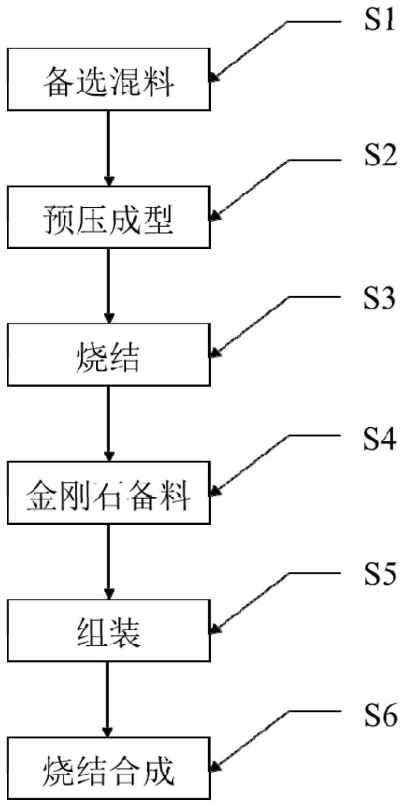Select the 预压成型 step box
click(x=109, y=217)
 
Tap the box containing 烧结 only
click(x=109, y=355)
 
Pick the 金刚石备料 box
click(x=109, y=493)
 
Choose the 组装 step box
click(x=109, y=630)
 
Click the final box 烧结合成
click(x=109, y=768)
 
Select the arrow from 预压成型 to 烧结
click(x=109, y=285)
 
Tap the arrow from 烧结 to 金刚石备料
click(x=109, y=423)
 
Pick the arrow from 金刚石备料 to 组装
click(x=109, y=561)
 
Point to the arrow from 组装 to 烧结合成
click(x=109, y=699)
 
